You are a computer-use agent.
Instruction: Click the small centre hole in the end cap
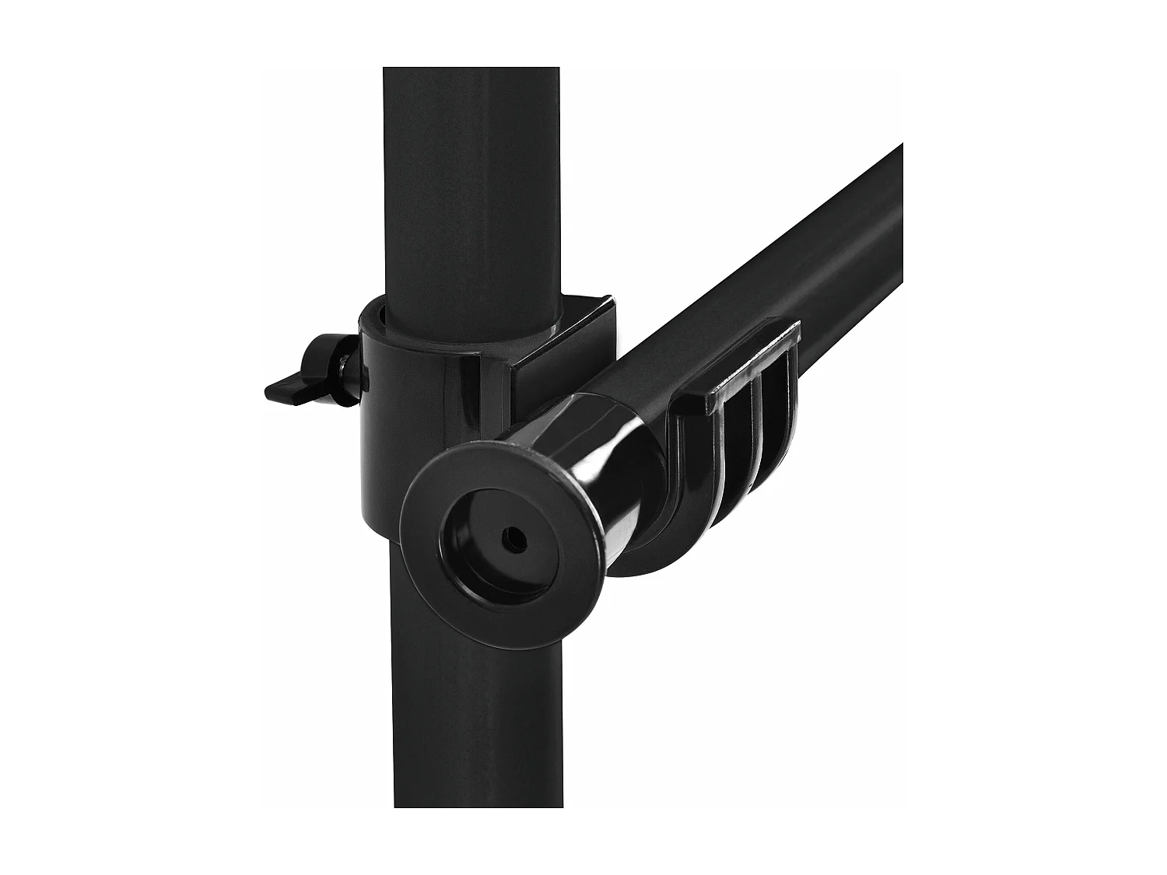tap(511, 537)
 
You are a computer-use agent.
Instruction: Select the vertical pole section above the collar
tap(471, 194)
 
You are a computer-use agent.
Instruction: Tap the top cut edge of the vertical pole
tap(471, 68)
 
